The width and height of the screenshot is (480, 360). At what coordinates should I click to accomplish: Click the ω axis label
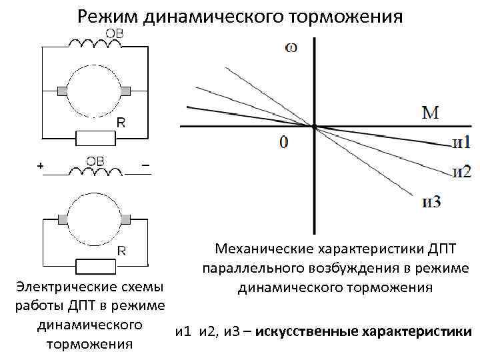pos(291,47)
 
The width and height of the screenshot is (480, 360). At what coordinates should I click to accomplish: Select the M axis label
pos(430,113)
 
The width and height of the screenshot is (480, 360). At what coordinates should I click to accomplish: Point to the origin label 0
pos(285,142)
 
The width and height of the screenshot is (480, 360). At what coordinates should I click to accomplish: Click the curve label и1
pos(461,143)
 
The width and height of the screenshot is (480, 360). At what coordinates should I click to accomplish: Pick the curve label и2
pos(461,171)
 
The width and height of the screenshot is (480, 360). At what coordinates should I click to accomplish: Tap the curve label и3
pos(431,202)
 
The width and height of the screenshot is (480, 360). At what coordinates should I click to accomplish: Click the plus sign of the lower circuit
pos(41,165)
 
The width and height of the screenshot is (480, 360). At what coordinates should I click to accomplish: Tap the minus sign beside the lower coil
pos(145,165)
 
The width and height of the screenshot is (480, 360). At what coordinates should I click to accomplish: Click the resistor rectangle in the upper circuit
pos(96,138)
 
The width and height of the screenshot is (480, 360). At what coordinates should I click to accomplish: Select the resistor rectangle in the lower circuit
pos(96,267)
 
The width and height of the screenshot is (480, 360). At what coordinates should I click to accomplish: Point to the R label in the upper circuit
pos(121,123)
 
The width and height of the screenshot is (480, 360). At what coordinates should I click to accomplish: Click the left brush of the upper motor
pos(63,91)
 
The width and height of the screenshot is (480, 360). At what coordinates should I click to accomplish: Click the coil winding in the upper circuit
pos(96,45)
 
